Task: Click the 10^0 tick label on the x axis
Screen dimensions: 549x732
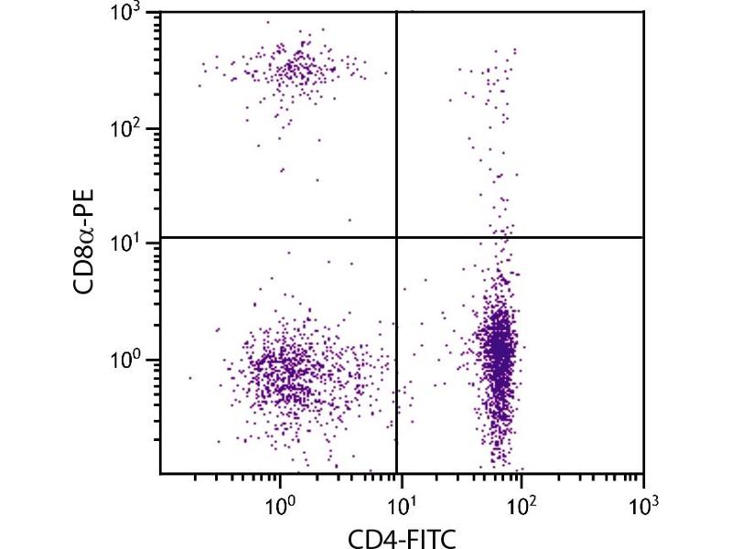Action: click(x=280, y=502)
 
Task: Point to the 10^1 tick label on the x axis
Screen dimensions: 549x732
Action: click(x=401, y=502)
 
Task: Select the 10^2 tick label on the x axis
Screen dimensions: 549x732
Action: click(x=522, y=502)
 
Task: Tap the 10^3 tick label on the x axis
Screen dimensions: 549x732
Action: click(x=643, y=502)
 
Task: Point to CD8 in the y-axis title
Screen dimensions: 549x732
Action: click(x=88, y=265)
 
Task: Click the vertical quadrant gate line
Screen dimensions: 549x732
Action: click(x=396, y=137)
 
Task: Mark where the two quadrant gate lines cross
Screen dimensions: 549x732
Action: click(x=396, y=237)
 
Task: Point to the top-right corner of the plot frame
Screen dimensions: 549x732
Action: click(x=643, y=12)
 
